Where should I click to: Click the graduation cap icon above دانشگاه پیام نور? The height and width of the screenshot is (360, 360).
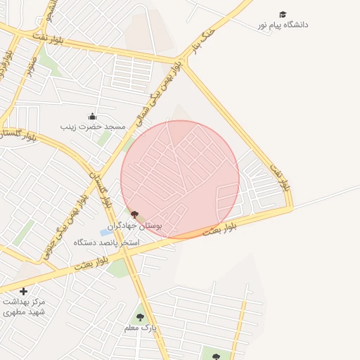click(x=283, y=15)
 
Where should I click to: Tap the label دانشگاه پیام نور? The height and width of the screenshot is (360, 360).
click(x=283, y=25)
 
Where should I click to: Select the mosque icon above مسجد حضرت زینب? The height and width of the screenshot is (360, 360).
click(x=91, y=117)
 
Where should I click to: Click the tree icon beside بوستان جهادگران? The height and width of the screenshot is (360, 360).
click(x=135, y=214)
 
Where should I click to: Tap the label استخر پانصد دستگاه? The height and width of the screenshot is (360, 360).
click(x=107, y=243)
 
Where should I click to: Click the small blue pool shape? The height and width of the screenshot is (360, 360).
click(x=105, y=232)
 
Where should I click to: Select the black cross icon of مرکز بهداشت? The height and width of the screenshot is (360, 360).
click(x=24, y=291)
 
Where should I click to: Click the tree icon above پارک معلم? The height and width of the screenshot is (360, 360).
click(x=140, y=317)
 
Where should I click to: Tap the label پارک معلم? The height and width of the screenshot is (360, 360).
click(x=140, y=328)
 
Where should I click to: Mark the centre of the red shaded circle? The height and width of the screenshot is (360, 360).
click(x=180, y=179)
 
